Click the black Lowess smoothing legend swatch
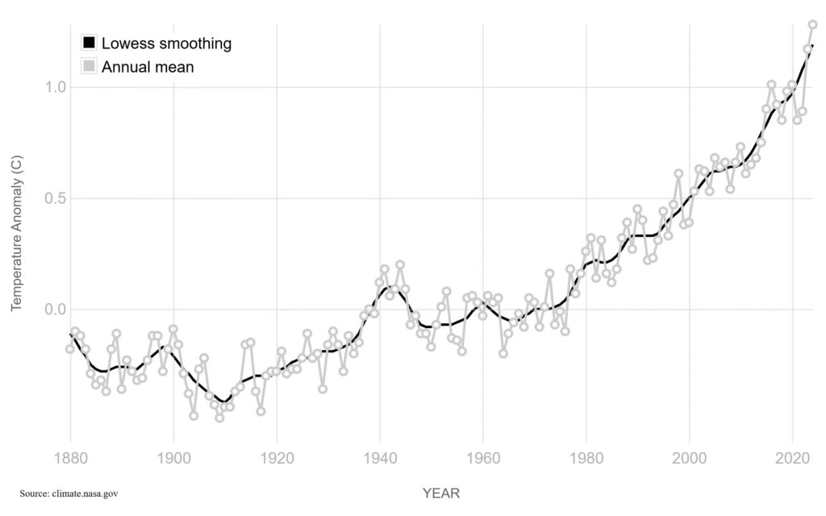(x=90, y=43)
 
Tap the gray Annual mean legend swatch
(x=90, y=67)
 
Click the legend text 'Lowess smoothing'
(x=166, y=43)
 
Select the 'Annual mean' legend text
(x=148, y=67)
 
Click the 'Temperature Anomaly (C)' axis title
(x=15, y=234)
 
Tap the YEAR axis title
(x=441, y=493)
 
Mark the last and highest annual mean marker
(x=813, y=24)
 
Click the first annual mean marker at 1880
(x=70, y=349)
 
